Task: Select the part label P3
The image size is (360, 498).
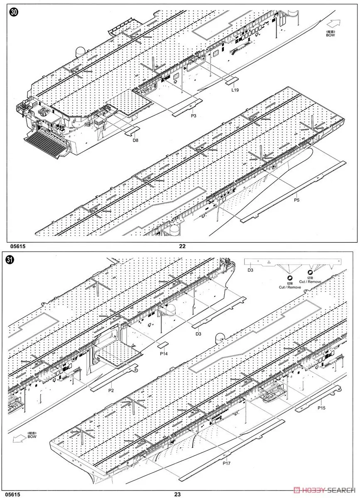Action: tap(193, 116)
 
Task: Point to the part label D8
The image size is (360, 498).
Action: tap(135, 140)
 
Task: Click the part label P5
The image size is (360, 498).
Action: tap(296, 200)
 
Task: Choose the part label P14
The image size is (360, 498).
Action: tap(164, 354)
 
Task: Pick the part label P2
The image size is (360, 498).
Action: tap(111, 391)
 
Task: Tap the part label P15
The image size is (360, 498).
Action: tap(322, 408)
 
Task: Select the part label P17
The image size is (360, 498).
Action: tap(227, 463)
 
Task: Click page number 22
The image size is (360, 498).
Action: tap(182, 246)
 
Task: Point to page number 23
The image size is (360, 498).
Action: tap(177, 494)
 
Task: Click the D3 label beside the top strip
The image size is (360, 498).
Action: tap(250, 270)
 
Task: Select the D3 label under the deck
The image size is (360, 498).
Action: tap(198, 334)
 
